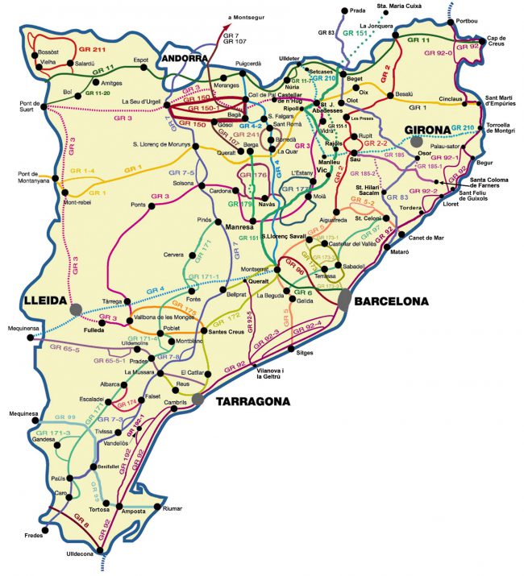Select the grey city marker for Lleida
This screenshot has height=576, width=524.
point(75,309)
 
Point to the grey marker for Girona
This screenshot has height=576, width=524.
point(417,141)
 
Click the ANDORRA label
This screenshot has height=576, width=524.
point(183,58)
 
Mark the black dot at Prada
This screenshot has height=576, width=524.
point(344,10)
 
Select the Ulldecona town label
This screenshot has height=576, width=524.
point(80,553)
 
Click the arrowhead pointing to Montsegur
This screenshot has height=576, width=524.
point(227,25)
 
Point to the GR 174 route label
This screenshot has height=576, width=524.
point(127,403)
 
